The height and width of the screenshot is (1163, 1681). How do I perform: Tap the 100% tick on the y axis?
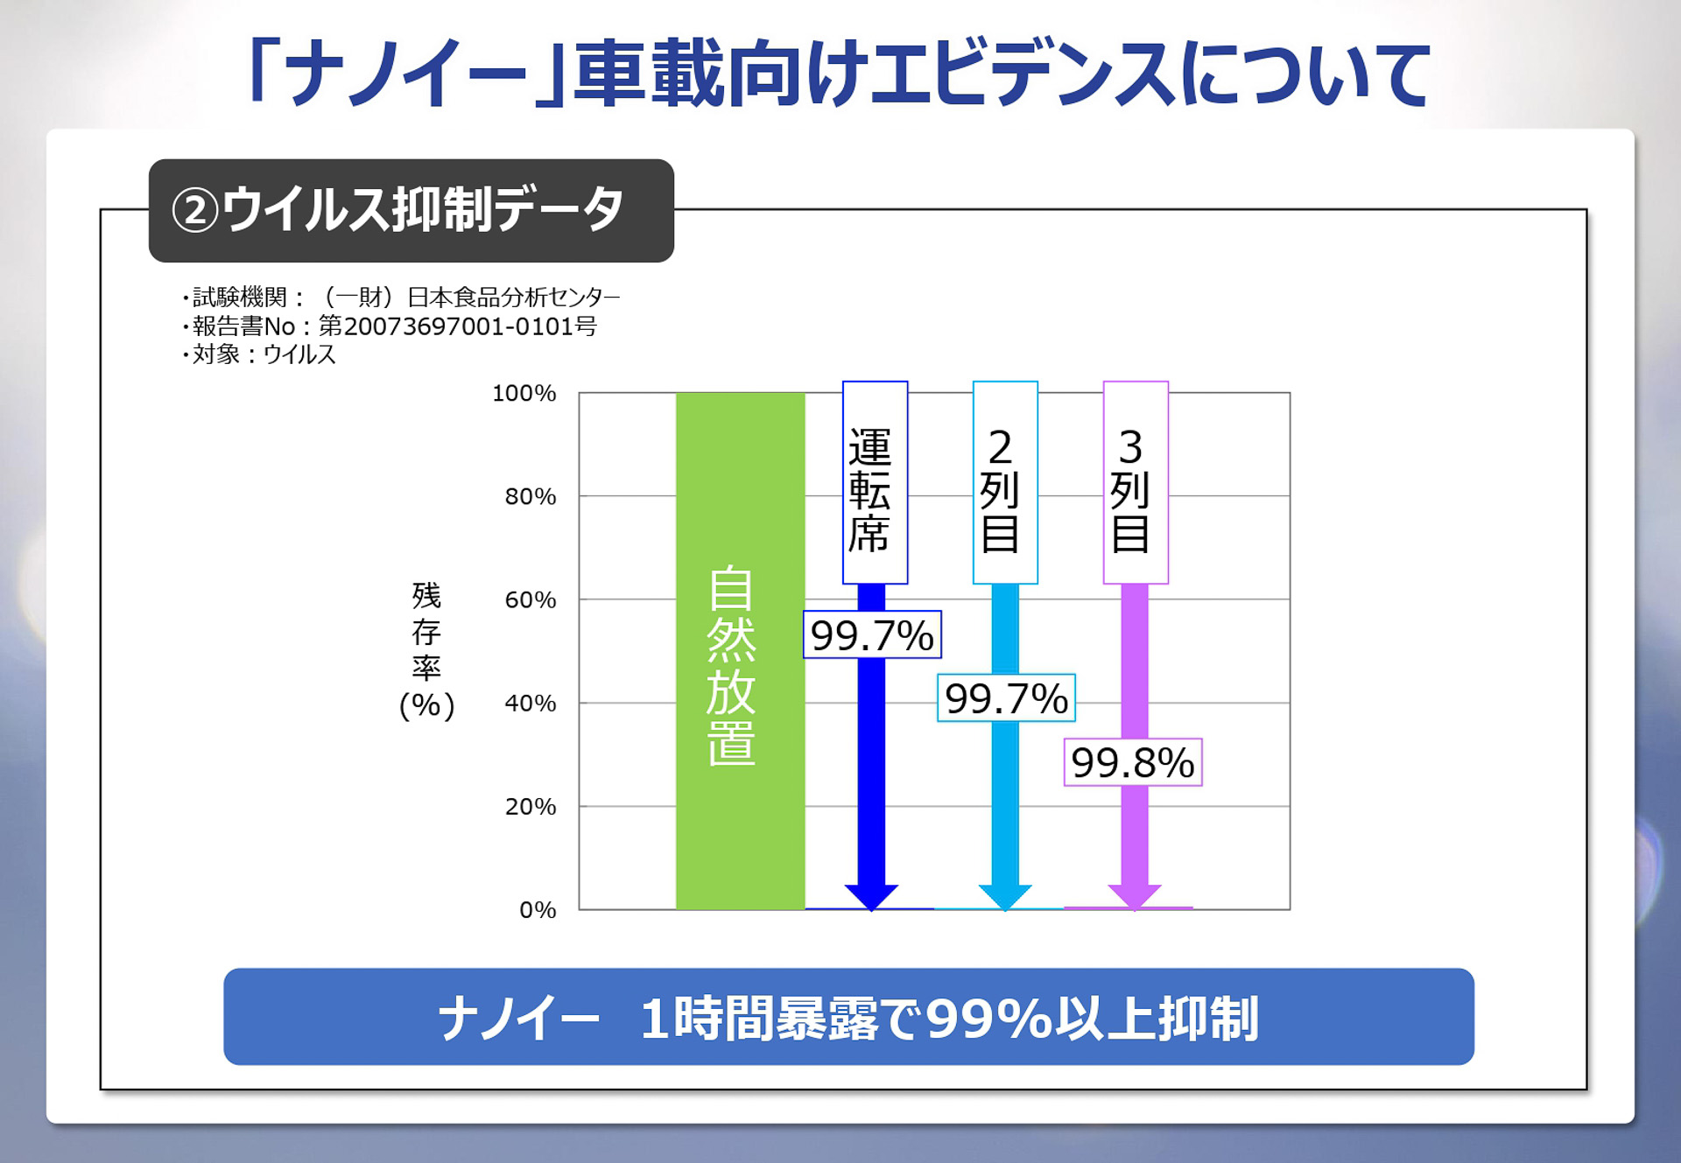click(524, 393)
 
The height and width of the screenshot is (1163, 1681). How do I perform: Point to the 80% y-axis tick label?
click(530, 496)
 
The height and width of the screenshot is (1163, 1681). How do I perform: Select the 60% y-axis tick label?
click(530, 599)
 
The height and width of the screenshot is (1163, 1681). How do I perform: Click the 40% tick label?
click(530, 703)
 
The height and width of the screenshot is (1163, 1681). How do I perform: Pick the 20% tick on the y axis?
click(530, 806)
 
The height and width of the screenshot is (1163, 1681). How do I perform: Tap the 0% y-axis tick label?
click(537, 910)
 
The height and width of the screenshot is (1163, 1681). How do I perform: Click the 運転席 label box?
click(875, 482)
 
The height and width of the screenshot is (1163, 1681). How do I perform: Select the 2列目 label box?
click(1005, 482)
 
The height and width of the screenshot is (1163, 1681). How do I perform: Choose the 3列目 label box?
click(1135, 482)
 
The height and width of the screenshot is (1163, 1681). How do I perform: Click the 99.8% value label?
click(1132, 762)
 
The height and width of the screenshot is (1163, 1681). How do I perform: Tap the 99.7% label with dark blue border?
click(872, 634)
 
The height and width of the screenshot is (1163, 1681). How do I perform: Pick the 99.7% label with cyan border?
click(1006, 698)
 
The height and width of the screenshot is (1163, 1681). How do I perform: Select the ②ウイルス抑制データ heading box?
click(411, 210)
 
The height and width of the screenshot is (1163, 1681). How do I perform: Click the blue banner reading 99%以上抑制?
click(848, 1017)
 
